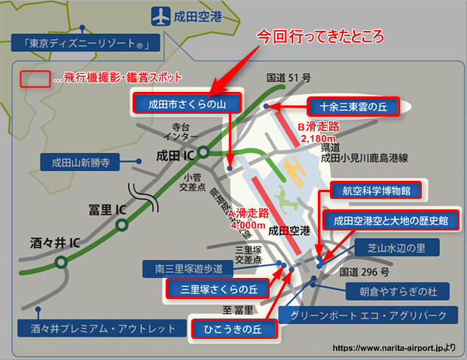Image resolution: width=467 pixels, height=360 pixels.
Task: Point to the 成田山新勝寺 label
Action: click(81, 162)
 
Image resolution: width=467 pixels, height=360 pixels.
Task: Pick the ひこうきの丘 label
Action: click(234, 328)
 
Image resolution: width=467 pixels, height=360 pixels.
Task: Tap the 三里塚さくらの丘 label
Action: click(213, 288)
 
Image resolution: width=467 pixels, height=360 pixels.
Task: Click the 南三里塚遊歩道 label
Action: click(189, 267)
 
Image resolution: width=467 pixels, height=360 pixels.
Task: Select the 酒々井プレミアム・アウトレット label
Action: click(97, 328)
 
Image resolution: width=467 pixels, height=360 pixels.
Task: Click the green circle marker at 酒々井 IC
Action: click(60, 263)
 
